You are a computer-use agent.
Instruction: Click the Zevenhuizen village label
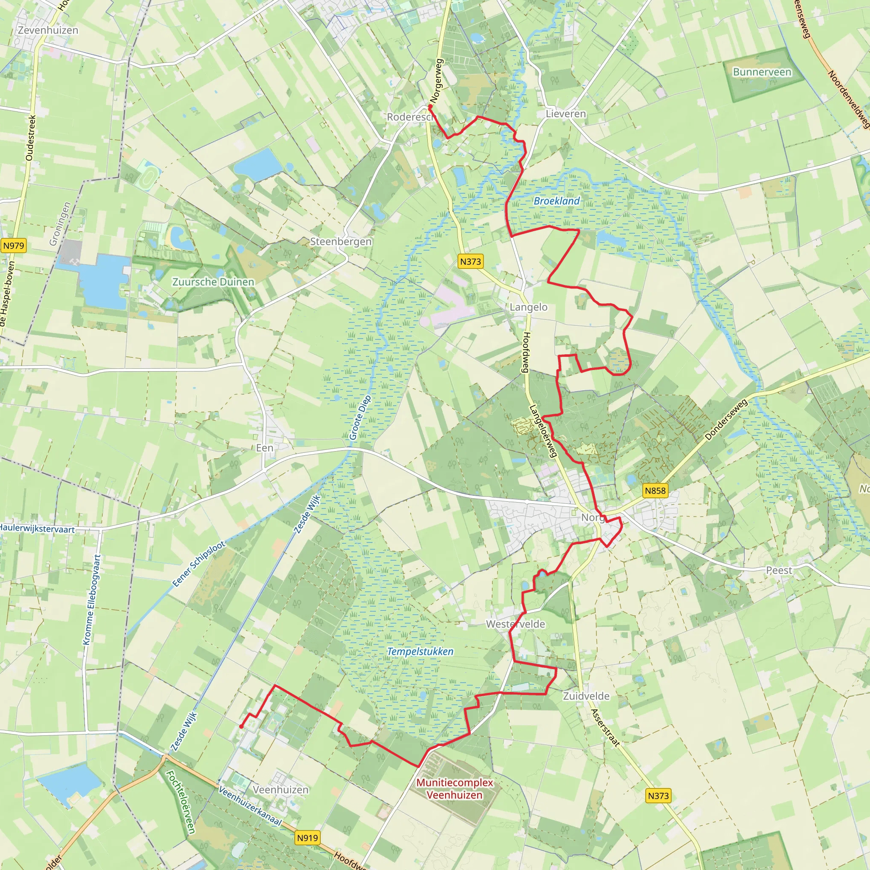pyautogui.click(x=48, y=30)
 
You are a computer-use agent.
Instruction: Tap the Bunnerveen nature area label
pyautogui.click(x=762, y=72)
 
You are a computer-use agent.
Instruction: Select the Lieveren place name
pyautogui.click(x=565, y=114)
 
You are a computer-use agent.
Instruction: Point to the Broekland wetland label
pyautogui.click(x=556, y=201)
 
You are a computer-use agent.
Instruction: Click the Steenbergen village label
pyautogui.click(x=341, y=241)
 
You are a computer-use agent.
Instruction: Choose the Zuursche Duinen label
pyautogui.click(x=213, y=282)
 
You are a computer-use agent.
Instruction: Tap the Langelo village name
pyautogui.click(x=528, y=307)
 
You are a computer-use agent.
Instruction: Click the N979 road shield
pyautogui.click(x=14, y=246)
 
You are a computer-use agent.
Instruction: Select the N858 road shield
pyautogui.click(x=655, y=490)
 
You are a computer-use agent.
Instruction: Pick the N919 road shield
pyautogui.click(x=308, y=838)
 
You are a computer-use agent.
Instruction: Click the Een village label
pyautogui.click(x=264, y=448)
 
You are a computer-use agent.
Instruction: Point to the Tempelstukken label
pyautogui.click(x=420, y=652)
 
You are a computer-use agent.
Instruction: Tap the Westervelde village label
pyautogui.click(x=516, y=624)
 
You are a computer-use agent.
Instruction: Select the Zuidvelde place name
pyautogui.click(x=586, y=696)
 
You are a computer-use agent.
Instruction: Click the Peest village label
pyautogui.click(x=779, y=571)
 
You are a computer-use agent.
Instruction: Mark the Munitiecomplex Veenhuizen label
pyautogui.click(x=455, y=788)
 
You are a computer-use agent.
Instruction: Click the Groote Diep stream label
pyautogui.click(x=360, y=418)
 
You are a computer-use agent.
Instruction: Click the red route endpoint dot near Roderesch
pyautogui.click(x=430, y=107)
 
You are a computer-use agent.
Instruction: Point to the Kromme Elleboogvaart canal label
pyautogui.click(x=93, y=599)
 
